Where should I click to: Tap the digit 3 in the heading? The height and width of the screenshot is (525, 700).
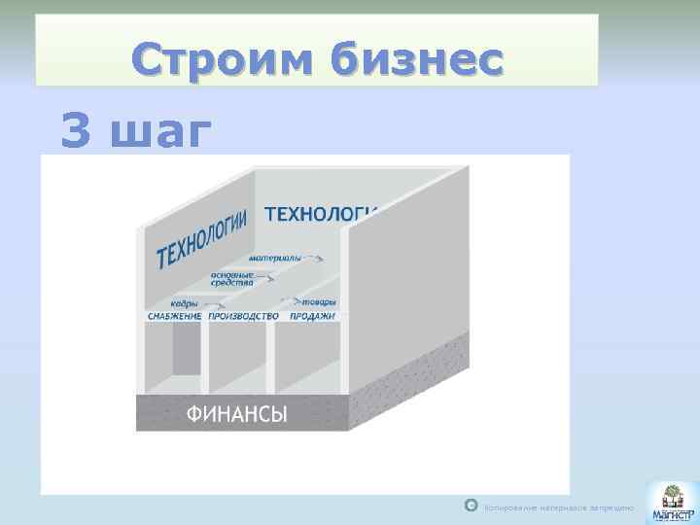coord(76,130)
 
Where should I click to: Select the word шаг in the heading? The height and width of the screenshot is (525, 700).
coord(158,132)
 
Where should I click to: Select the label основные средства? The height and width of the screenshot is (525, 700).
coord(232,279)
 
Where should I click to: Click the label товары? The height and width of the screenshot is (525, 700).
coord(319,302)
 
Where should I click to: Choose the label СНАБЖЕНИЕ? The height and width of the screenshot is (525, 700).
coord(175,316)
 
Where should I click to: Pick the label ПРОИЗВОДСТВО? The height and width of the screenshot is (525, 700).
coord(243,316)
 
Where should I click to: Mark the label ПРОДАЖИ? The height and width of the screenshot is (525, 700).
coord(312,316)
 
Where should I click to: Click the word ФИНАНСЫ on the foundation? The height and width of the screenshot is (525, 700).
coord(236,415)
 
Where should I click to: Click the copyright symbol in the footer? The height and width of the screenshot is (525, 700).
coord(471,506)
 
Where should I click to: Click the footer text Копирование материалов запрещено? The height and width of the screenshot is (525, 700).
coord(559,507)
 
